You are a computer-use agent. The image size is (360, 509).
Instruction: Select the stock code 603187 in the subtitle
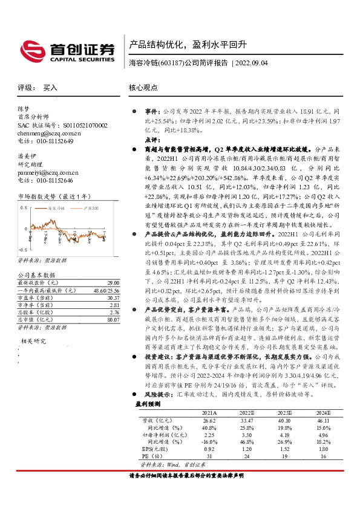(x=170, y=62)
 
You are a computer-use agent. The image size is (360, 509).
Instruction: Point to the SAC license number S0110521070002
(x=73, y=125)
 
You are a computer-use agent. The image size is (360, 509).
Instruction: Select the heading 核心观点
(x=145, y=88)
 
